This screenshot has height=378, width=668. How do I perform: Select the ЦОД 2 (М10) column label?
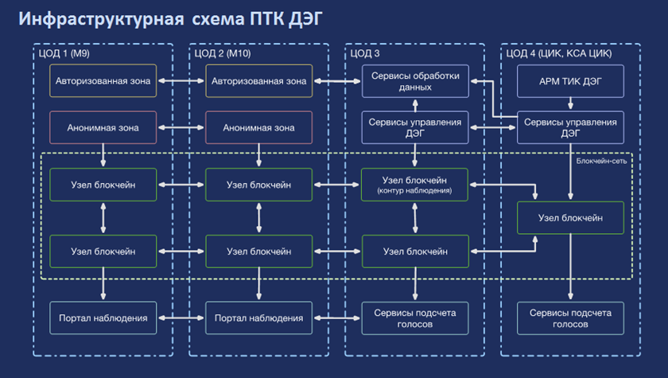[x=223, y=53]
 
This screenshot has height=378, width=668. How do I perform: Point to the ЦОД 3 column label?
[x=365, y=53]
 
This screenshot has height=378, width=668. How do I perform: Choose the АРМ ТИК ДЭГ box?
[x=570, y=81]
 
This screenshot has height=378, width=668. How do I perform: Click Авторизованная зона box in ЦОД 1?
[x=103, y=81]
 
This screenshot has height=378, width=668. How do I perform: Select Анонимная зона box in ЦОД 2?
[x=258, y=127]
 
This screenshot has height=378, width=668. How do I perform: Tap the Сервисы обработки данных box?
[x=414, y=81]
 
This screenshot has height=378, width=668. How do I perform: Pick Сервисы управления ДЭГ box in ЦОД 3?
[x=414, y=127]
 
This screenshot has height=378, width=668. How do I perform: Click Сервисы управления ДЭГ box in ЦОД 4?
[x=570, y=127]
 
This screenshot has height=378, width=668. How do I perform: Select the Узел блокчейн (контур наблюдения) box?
[x=414, y=185]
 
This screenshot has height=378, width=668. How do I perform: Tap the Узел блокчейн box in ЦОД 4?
[x=570, y=217]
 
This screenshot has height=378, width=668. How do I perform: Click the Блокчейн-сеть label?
[x=602, y=160]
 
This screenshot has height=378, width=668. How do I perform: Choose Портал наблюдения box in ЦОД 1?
[x=103, y=318]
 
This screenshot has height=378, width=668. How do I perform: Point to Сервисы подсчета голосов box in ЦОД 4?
[x=570, y=318]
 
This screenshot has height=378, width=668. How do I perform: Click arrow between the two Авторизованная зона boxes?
[x=181, y=81]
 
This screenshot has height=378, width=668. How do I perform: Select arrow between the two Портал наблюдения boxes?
[x=181, y=318]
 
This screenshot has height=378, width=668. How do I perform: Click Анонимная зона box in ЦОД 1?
[x=103, y=127]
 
